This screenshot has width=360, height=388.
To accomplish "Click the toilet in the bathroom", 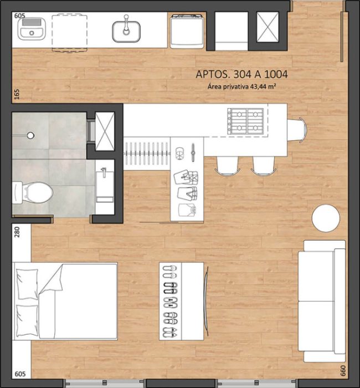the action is click(33, 193).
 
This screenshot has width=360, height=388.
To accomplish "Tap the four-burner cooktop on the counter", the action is click(246, 121).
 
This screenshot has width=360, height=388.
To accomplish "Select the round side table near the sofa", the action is click(326, 218).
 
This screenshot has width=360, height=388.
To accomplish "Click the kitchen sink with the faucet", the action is click(126, 29).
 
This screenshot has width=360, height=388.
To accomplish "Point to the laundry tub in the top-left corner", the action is click(32, 28).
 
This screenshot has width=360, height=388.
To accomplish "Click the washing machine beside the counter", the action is click(187, 31).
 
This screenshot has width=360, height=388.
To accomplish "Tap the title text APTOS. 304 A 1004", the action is click(241, 74).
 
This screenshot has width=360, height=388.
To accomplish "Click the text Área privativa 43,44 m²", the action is click(242, 86).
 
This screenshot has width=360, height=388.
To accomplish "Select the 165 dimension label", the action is click(17, 94).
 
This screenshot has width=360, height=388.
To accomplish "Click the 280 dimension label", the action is click(17, 232).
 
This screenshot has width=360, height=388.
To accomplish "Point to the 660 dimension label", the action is click(343, 371).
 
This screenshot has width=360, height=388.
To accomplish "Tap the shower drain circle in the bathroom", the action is click(30, 135).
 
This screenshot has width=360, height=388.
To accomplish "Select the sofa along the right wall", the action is click(322, 301).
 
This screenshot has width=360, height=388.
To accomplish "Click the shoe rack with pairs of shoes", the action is click(181, 301).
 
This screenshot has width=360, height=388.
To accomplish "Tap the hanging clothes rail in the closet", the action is click(147, 153).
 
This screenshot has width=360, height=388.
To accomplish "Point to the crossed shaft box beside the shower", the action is click(105, 131).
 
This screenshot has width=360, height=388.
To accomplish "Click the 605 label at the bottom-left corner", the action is click(20, 374).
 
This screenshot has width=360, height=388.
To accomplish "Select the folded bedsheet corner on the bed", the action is click(52, 279).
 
